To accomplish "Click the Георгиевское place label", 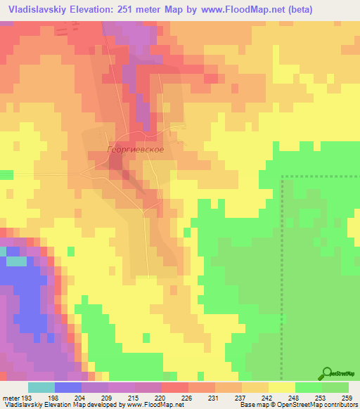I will [x=136, y=150].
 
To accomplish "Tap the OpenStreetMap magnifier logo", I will [x=328, y=374].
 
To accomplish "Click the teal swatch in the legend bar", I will [x=41, y=387].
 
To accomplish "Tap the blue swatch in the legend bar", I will [x=68, y=387].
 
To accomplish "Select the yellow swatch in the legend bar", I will [x=281, y=387].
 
